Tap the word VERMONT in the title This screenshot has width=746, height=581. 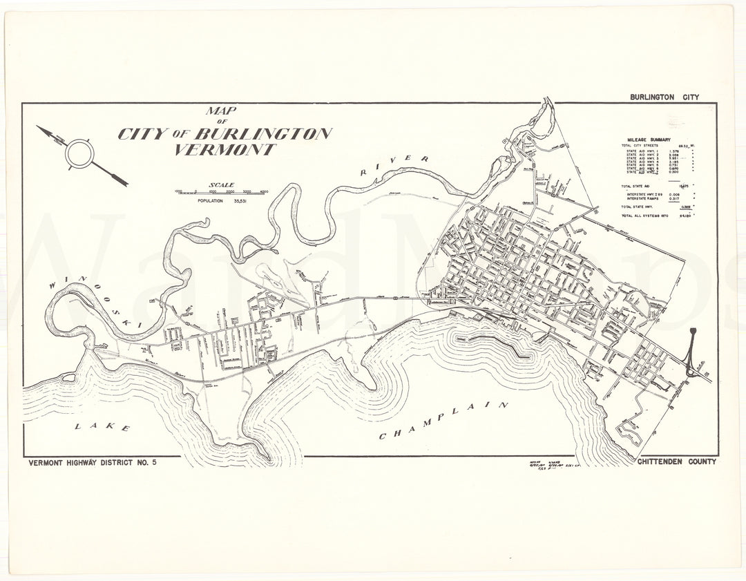[x=224, y=150]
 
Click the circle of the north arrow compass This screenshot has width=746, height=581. [x=79, y=153]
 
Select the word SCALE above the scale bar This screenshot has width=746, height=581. [x=222, y=185]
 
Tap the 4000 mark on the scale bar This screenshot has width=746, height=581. [x=264, y=191]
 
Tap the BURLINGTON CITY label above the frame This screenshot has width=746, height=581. [x=664, y=97]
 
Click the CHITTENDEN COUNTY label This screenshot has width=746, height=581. [x=677, y=461]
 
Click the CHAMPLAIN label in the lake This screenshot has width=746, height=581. [x=443, y=421]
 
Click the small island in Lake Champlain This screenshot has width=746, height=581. [x=68, y=378]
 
